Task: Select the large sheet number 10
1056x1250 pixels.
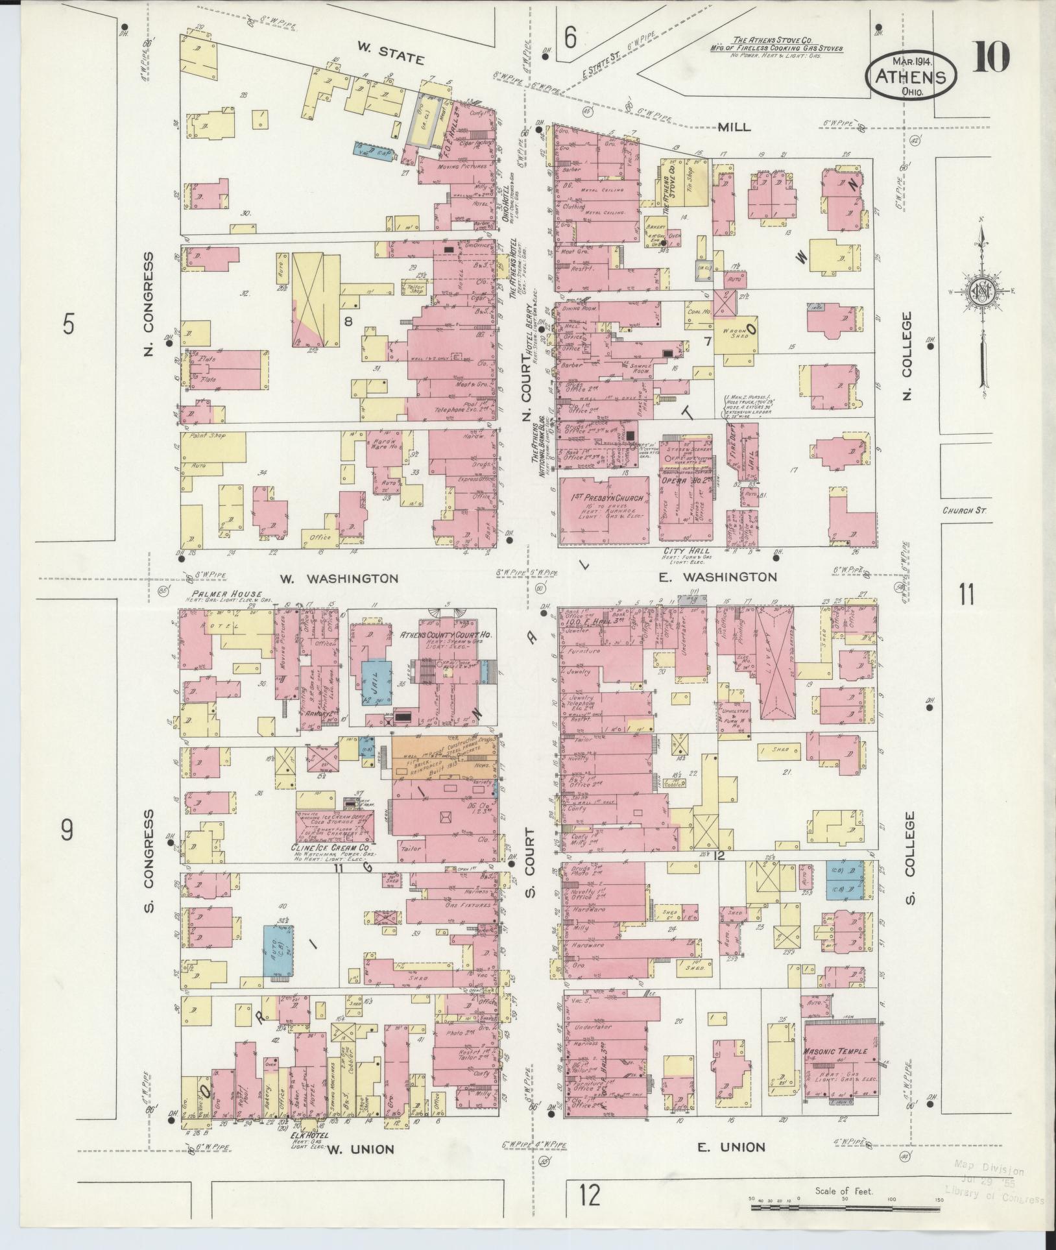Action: click(990, 57)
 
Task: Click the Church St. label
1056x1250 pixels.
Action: click(965, 511)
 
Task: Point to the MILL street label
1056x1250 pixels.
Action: click(734, 126)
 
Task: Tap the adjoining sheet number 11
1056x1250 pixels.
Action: click(966, 594)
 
